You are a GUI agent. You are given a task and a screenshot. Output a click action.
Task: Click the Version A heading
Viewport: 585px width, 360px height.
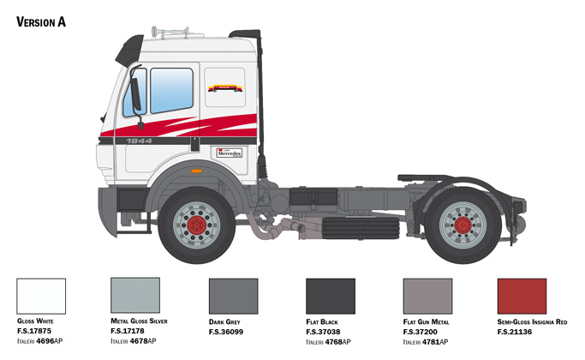[x=41, y=22]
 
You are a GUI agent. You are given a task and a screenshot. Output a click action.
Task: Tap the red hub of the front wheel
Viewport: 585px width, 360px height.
[x=197, y=225]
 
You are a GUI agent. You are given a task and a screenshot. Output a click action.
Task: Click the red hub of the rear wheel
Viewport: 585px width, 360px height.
[x=463, y=225]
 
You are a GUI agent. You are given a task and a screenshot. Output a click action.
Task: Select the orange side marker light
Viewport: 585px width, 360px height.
[x=196, y=171]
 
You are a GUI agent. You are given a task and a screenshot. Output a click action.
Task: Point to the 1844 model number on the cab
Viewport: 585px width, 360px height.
[x=139, y=141]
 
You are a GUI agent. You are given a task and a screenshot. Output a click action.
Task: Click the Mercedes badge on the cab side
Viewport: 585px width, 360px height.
[x=230, y=153]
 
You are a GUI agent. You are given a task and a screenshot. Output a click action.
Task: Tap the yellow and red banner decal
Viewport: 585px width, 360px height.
[x=225, y=88]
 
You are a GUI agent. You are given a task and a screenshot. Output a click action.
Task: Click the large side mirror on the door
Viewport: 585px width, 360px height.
[x=135, y=94]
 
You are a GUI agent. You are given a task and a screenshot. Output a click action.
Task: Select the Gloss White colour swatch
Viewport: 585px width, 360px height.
[x=41, y=296]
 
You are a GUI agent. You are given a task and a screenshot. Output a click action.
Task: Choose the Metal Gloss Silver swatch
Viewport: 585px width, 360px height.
[x=135, y=295]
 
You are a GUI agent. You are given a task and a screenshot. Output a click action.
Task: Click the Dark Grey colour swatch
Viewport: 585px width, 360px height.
[x=234, y=296]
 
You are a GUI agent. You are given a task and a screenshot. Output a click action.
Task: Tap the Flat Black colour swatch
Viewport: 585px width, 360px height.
[x=331, y=296]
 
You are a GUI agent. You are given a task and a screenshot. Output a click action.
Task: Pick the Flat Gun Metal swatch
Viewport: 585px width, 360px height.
[x=427, y=296]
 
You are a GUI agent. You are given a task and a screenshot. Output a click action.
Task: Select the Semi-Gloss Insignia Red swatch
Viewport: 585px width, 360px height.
[x=522, y=296]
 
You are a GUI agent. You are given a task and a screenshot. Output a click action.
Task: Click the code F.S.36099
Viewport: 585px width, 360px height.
[x=226, y=332]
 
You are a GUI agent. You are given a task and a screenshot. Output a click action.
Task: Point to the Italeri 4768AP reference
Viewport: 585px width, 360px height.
[x=328, y=342]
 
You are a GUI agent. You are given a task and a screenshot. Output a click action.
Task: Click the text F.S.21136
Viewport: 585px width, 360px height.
[x=515, y=332]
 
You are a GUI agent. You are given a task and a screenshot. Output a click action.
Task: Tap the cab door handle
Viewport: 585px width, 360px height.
[x=194, y=144]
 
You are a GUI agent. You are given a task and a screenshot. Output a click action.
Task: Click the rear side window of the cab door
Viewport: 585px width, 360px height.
[x=171, y=90]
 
